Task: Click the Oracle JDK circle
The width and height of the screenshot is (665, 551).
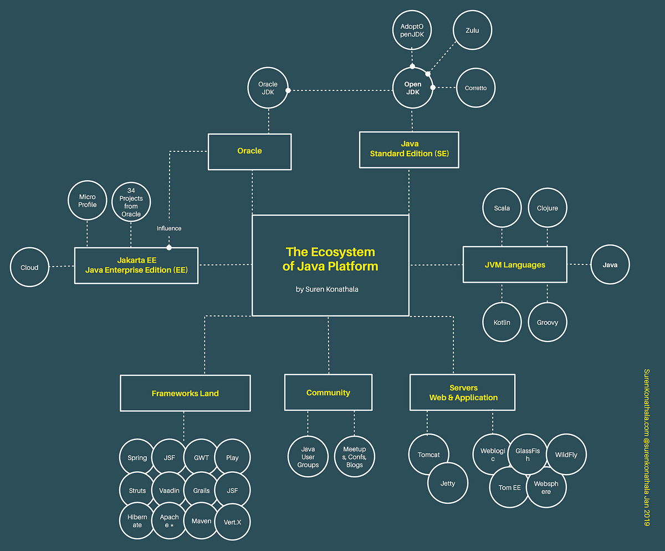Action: coord(268,89)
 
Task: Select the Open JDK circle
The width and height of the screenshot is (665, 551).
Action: coord(412,88)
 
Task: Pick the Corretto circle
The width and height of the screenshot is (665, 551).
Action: coord(475,88)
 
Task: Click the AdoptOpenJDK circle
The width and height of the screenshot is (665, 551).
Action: coord(412,30)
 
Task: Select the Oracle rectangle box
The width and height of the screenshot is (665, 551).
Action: coord(249,151)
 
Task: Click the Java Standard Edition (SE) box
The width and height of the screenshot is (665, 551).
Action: coord(409,149)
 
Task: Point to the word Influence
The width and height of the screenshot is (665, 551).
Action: coord(169,228)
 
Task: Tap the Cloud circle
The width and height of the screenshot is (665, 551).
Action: coord(29,267)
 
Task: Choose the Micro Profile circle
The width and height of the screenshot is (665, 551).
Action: coord(87,201)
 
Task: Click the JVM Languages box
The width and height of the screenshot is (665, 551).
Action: coord(515,265)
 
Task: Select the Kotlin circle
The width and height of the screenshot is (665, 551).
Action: coord(502,322)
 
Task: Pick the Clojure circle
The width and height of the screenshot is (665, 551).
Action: coord(548,208)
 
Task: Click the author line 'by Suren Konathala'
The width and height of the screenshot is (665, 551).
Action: coord(327,289)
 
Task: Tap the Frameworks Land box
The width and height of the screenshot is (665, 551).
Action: coord(185,393)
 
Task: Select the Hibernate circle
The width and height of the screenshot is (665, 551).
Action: coord(137,521)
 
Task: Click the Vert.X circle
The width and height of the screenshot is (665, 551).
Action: coord(232,522)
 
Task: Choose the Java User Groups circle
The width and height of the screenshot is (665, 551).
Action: coord(308,457)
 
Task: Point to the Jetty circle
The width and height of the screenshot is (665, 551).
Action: coord(448,483)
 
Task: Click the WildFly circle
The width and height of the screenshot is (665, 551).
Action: coord(566,455)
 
